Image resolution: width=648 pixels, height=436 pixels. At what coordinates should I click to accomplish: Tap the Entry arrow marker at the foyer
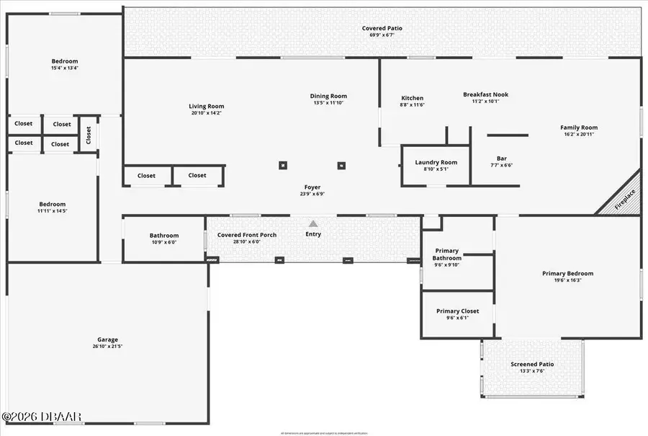(313, 224)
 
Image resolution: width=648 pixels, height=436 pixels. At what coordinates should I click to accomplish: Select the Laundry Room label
(436, 162)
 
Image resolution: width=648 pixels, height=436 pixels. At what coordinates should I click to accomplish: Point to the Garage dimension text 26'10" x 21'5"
(108, 347)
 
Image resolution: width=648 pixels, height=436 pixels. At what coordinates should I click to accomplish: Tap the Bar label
(502, 159)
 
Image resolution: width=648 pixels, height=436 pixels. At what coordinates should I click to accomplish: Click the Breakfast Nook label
(485, 94)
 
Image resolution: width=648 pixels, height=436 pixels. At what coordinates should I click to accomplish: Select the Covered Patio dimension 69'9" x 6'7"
(382, 35)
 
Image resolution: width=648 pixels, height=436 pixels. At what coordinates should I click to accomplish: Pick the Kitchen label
(413, 98)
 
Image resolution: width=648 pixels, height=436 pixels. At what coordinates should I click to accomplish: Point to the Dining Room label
(328, 96)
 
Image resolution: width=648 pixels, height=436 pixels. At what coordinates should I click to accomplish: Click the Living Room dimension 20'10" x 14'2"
(207, 113)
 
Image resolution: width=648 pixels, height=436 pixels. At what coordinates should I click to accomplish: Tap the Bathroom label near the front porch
(164, 236)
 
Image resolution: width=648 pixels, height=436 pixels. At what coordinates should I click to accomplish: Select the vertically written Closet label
(89, 135)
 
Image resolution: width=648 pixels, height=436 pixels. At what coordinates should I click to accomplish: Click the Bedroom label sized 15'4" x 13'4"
(65, 61)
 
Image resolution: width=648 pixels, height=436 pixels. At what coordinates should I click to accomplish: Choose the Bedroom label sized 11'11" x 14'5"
(52, 204)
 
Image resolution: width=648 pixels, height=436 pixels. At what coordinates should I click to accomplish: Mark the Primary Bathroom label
(446, 254)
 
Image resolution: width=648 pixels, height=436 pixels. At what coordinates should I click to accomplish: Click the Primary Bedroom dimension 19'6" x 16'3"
(567, 280)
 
